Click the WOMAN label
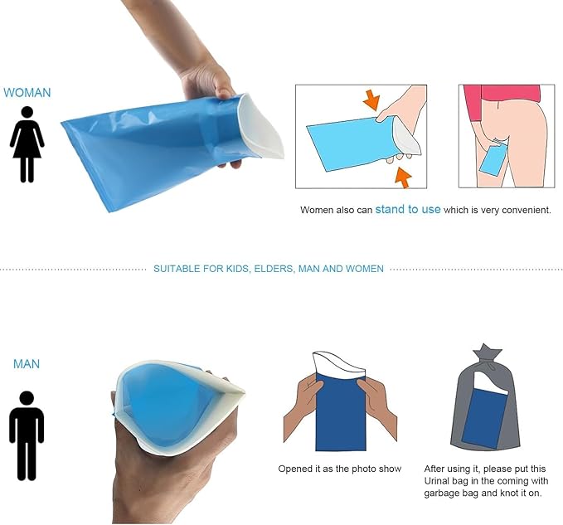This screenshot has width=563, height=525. coord(27,93)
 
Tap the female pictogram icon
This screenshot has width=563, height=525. coord(27,144)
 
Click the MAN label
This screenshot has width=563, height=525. coord(27,364)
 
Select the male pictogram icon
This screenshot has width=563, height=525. coord(27,435)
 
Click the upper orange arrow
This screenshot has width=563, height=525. coord(371,100)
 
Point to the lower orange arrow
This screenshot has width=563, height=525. coord(403,178)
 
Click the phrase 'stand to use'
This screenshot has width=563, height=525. coord(408,209)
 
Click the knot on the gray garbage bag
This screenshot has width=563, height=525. coord(488,353)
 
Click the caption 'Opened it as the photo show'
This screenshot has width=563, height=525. coord(340,469)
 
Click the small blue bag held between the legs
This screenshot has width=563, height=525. coord(494,158)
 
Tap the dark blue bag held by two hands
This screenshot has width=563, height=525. coord(341,411)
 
